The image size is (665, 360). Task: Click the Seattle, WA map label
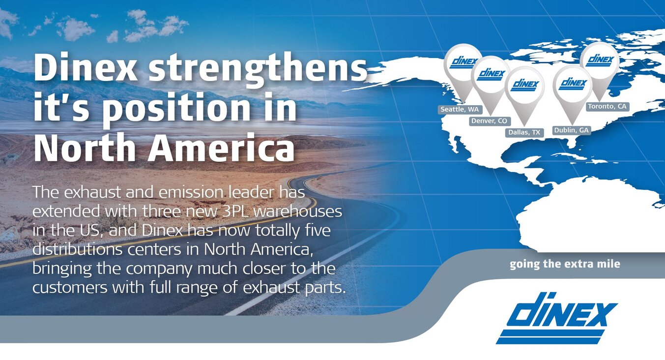click(x=460, y=109)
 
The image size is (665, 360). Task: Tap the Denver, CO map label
click(x=490, y=121)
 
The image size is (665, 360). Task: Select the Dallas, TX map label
click(x=524, y=132)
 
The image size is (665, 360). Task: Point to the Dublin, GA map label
click(x=572, y=130)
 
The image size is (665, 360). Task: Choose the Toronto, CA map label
click(x=607, y=106)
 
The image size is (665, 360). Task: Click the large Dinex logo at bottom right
click(x=556, y=318)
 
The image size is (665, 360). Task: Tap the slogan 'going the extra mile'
click(x=565, y=264)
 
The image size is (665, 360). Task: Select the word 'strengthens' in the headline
click(x=258, y=70)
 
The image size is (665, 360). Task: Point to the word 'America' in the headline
click(x=221, y=148)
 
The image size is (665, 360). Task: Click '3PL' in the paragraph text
click(x=235, y=211)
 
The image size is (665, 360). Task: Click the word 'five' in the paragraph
click(x=318, y=230)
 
